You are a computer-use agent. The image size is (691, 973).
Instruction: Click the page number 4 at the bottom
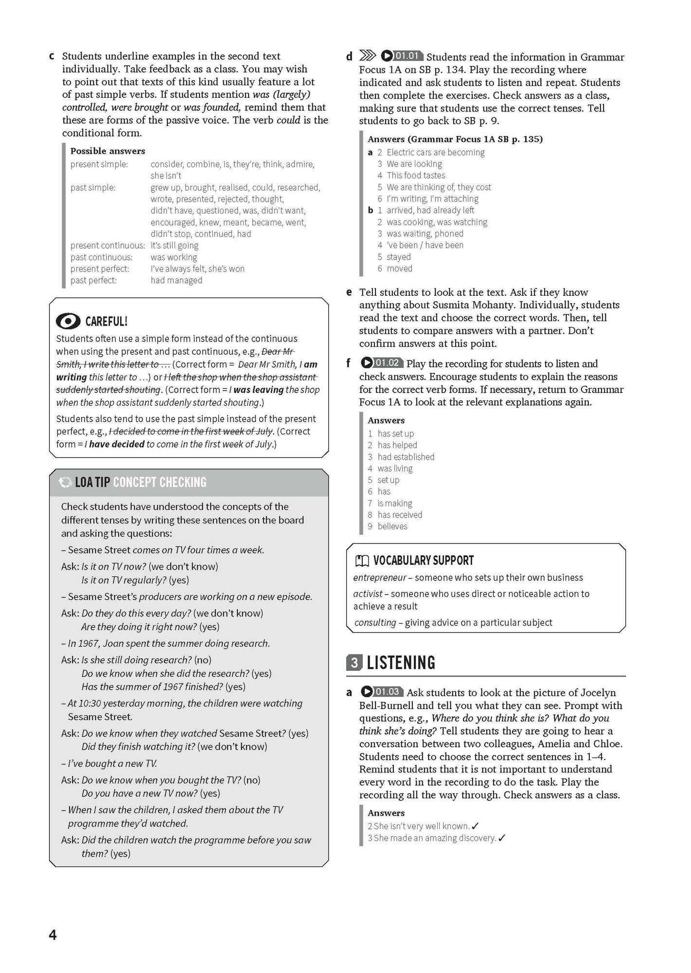click(x=53, y=935)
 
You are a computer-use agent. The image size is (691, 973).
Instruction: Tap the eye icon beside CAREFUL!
click(x=68, y=321)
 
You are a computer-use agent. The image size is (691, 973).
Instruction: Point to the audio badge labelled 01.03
click(x=382, y=691)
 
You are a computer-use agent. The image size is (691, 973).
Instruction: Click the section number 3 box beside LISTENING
click(x=354, y=663)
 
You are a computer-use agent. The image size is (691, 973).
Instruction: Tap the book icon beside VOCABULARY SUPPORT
click(x=362, y=561)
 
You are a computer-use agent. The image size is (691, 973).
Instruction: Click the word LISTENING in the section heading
click(x=401, y=663)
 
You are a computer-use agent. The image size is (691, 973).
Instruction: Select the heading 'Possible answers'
click(x=107, y=151)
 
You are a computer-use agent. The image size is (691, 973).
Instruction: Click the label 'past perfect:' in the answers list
click(x=94, y=280)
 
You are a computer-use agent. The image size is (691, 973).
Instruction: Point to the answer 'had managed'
click(x=176, y=280)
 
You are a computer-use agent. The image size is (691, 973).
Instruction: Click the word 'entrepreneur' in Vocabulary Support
click(x=380, y=577)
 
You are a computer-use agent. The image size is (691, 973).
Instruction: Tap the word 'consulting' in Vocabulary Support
click(x=375, y=622)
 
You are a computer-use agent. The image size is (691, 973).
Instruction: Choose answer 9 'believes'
click(x=392, y=526)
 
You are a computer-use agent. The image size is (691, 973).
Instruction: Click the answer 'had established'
click(x=406, y=457)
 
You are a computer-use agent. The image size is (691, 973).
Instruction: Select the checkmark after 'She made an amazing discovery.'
click(x=502, y=838)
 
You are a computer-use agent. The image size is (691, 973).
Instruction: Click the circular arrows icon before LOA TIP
click(x=65, y=482)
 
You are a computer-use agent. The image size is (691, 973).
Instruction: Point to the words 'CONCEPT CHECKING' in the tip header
click(x=159, y=482)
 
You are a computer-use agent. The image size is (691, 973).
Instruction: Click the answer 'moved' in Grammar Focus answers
click(x=399, y=269)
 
